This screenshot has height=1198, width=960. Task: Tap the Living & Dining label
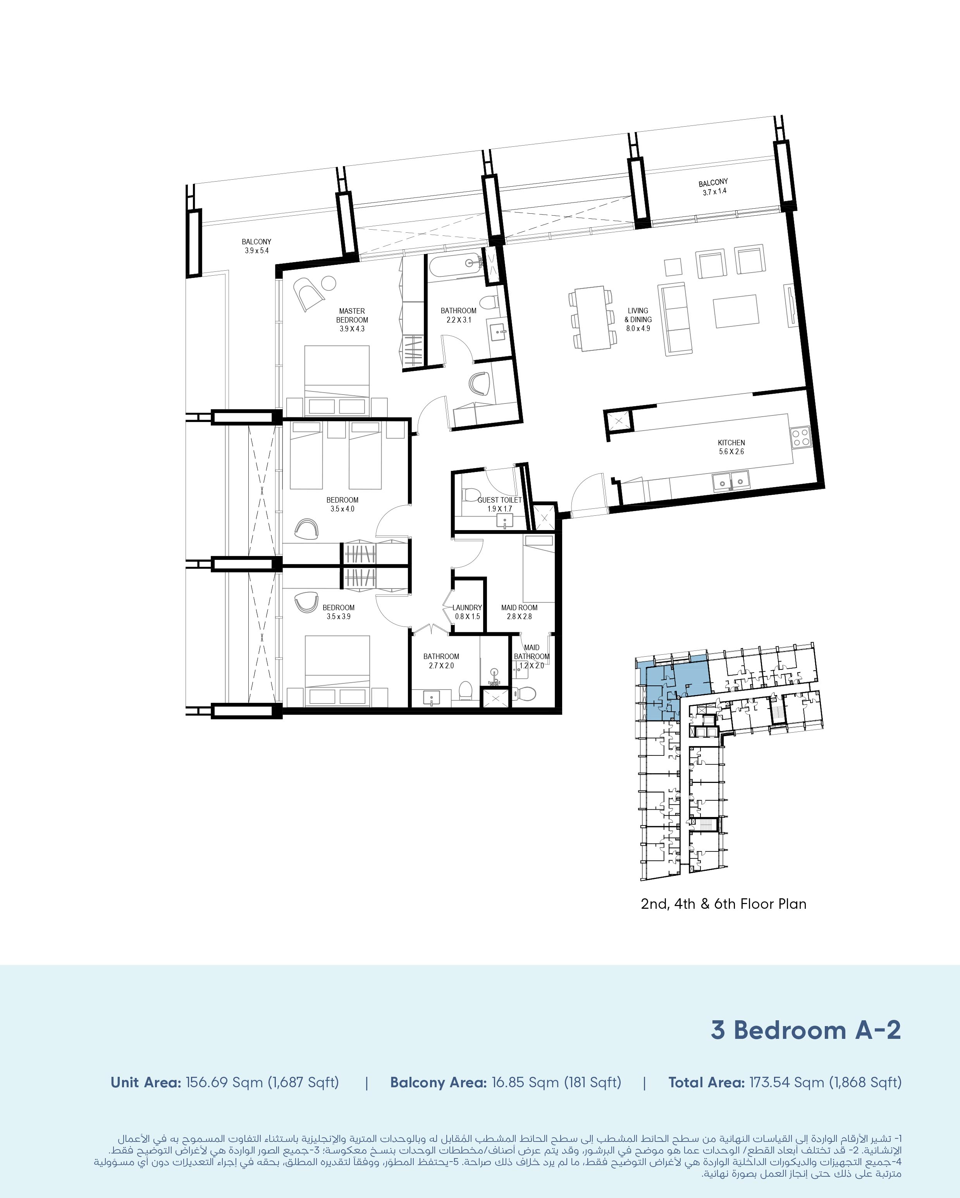pyautogui.click(x=638, y=319)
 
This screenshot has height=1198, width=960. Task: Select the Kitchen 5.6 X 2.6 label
pyautogui.click(x=731, y=447)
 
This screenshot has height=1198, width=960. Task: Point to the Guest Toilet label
pyautogui.click(x=500, y=504)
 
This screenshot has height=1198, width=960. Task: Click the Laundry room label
pyautogui.click(x=467, y=612)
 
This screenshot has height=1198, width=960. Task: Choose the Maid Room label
pyautogui.click(x=519, y=612)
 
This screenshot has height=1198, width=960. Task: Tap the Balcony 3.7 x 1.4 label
pyautogui.click(x=713, y=187)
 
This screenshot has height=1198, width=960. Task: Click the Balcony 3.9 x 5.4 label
pyautogui.click(x=256, y=246)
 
